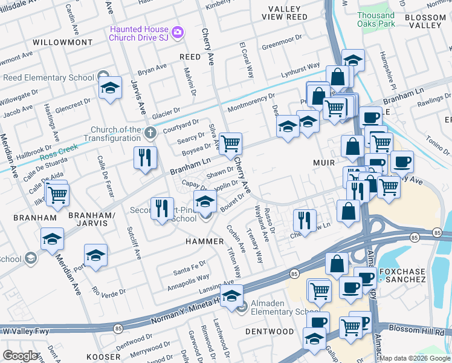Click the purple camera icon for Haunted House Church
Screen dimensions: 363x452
coord(177,31)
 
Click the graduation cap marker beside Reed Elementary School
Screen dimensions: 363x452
coord(111,88)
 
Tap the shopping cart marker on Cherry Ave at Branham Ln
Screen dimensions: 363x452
coord(230,144)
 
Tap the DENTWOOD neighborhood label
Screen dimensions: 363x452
coord(270,332)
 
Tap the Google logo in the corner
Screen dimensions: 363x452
coord(21,355)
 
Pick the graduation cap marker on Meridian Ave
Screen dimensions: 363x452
coord(53,240)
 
